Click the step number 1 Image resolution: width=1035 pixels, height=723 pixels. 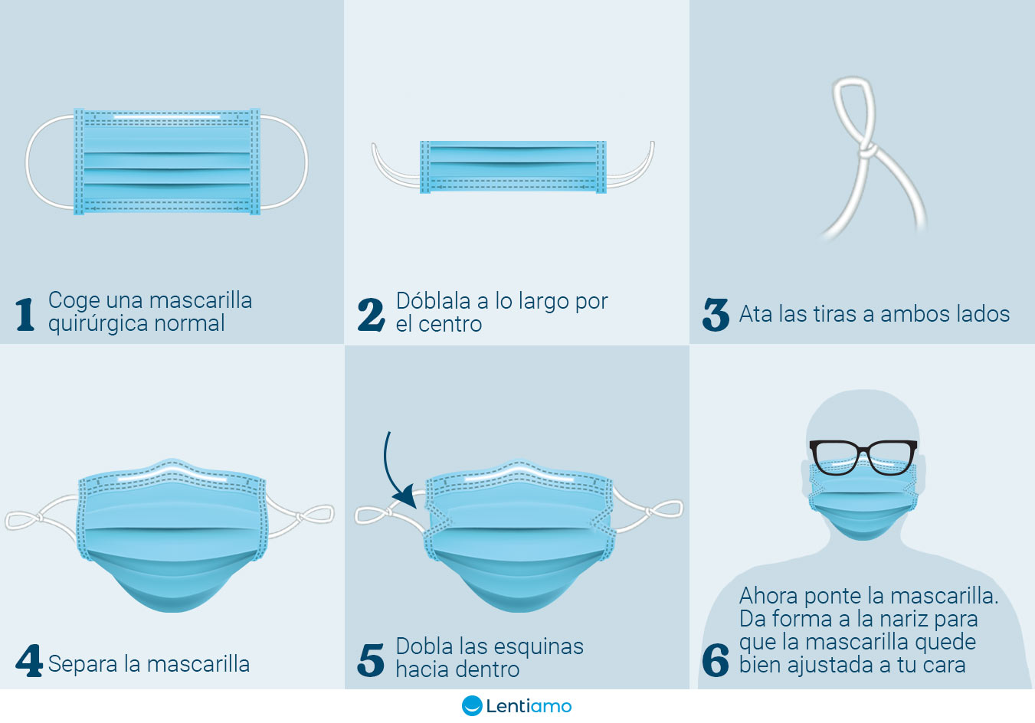coord(25,314)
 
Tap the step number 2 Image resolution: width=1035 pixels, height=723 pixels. coord(372,314)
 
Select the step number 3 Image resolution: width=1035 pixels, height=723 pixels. coord(716,314)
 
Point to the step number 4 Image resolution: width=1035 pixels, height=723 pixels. coord(28,661)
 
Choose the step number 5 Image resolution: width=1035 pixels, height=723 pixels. coord(372,660)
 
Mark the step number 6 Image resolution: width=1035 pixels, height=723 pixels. coord(716,660)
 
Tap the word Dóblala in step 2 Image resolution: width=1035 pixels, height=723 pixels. coord(433,301)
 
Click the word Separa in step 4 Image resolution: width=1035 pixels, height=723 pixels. coord(80,664)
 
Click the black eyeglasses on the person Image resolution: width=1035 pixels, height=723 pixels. coord(863,457)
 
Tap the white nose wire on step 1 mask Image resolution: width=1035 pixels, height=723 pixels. coord(167,117)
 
